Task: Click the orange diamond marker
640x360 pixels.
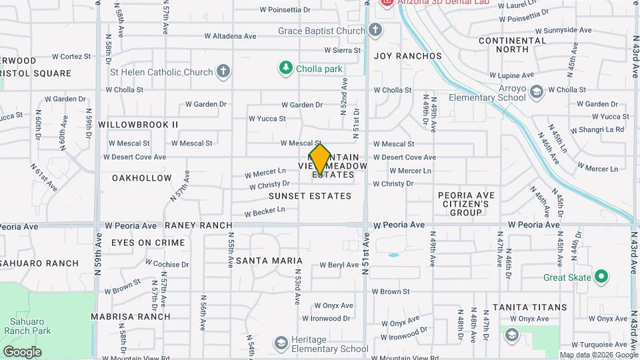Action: (320, 160)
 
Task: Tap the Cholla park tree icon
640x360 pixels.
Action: (285, 68)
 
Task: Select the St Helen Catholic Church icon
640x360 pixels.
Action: (223, 71)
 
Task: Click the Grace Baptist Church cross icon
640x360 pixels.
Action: (375, 30)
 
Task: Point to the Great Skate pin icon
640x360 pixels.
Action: (601, 275)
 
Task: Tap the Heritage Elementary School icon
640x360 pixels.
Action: (281, 343)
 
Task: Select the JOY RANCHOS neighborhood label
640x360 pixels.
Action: (408, 56)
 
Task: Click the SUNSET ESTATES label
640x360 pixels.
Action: (309, 196)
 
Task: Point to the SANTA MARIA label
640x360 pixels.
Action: (265, 260)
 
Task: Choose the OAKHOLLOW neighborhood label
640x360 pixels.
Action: (142, 178)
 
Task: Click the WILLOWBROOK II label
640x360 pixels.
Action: (138, 125)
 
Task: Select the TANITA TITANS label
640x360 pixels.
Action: (529, 307)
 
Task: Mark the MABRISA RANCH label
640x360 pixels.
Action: (131, 317)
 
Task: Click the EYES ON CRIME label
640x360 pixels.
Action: (147, 243)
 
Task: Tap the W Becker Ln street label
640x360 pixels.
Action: (265, 212)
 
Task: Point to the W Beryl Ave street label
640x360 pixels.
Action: (339, 265)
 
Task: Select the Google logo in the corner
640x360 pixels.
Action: (22, 351)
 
